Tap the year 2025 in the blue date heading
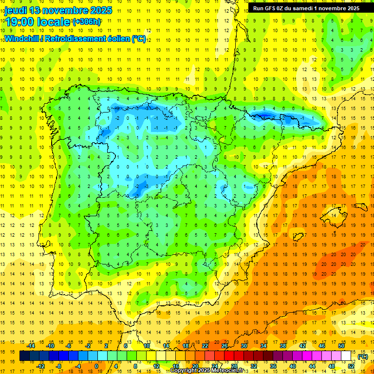(x=100, y=10)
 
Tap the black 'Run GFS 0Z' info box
(x=306, y=8)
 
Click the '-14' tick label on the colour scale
(x=31, y=346)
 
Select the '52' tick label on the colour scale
(x=351, y=366)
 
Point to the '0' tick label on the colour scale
(x=96, y=366)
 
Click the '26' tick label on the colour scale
(x=224, y=346)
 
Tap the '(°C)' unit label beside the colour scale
(x=362, y=356)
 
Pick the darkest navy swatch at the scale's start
(x=24, y=356)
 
